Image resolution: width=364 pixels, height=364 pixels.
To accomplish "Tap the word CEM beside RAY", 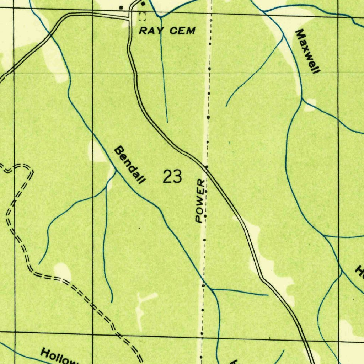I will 182,31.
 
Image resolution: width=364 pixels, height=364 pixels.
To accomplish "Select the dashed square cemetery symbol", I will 143,16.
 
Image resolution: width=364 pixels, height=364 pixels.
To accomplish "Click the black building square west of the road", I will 121,7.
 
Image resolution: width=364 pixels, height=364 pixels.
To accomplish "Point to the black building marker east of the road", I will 143,4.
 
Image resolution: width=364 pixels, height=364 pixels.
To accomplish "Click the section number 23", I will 172,177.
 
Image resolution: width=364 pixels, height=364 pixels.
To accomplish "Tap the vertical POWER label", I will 200,201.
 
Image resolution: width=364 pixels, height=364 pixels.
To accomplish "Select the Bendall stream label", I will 130,165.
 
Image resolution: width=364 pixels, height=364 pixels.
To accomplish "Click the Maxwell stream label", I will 307,51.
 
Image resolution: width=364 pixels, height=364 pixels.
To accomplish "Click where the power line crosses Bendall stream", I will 204,280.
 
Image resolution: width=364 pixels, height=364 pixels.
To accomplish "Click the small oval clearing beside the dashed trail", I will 63,271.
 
